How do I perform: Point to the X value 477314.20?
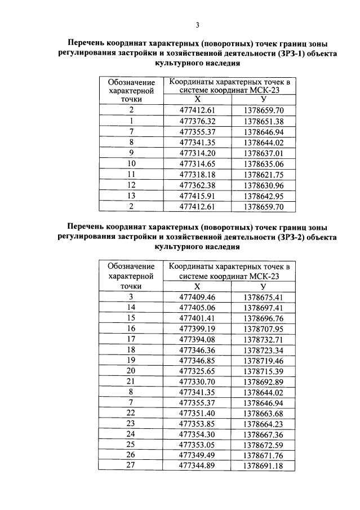tap(197, 153)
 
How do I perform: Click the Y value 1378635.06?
tap(264, 163)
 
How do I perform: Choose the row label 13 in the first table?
tap(131, 196)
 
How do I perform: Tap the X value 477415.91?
tap(197, 196)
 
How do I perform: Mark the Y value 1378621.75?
tap(264, 174)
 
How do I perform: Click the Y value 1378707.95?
tap(264, 328)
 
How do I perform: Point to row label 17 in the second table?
tap(131, 339)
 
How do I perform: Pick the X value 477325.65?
tap(197, 370)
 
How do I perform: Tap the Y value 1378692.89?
tap(264, 381)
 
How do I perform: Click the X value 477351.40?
tap(197, 413)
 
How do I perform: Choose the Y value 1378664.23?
tap(264, 423)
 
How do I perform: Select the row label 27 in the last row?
tap(131, 465)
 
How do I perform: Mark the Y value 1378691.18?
tap(264, 465)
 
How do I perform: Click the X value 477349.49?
tap(197, 455)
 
